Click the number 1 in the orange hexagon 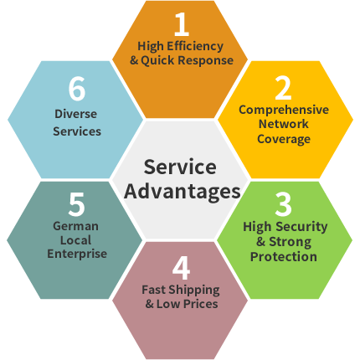tap(182, 24)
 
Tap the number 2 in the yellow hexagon tap(283, 88)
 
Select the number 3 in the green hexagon tap(283, 204)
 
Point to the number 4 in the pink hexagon tap(182, 268)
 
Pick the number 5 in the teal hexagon tap(76, 204)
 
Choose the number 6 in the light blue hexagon tap(77, 89)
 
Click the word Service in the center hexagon tap(180, 167)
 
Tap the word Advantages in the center tap(183, 192)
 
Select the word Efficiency tap(195, 47)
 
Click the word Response tap(206, 60)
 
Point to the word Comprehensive tap(284, 110)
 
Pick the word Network tap(284, 124)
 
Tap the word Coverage tap(284, 139)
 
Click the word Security tap(302, 227)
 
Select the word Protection tap(284, 257)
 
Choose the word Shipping tap(194, 291)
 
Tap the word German tap(75, 226)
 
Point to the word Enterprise tap(77, 254)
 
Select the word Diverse tap(75, 114)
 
